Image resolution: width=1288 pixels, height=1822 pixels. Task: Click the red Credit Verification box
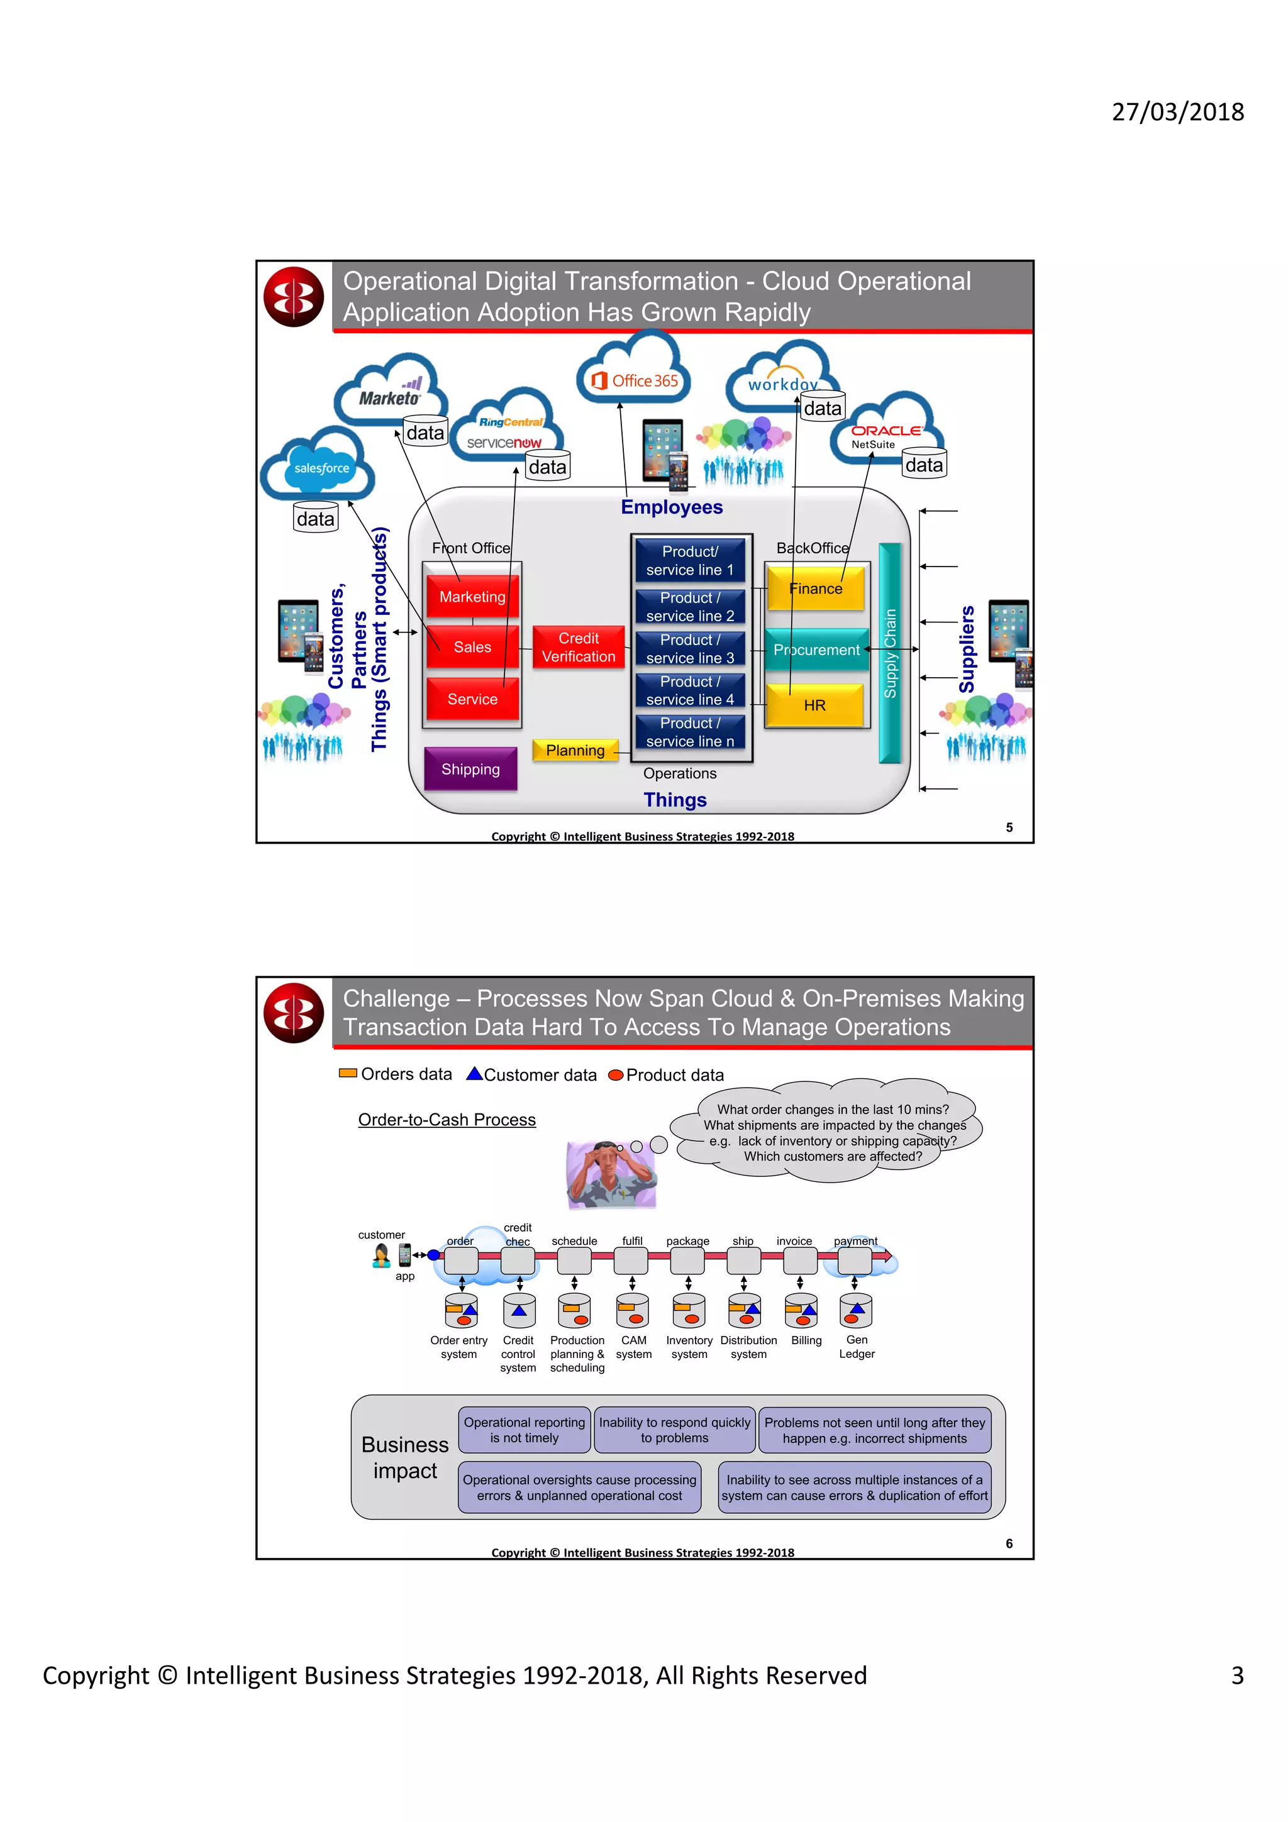click(578, 648)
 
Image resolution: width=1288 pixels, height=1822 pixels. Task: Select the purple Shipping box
click(470, 769)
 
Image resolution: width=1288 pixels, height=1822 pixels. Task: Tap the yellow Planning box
click(575, 750)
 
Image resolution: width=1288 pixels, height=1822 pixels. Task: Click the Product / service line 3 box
click(690, 648)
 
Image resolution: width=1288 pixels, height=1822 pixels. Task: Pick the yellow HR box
click(814, 705)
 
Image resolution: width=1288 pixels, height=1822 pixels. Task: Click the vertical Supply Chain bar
click(890, 653)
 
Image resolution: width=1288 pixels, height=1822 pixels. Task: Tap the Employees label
click(672, 507)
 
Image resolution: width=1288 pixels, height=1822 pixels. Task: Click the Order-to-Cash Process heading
click(447, 1119)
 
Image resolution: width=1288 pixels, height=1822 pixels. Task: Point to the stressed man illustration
click(611, 1174)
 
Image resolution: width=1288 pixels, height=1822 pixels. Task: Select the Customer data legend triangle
click(475, 1074)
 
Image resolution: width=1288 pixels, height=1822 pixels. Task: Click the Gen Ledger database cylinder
click(855, 1311)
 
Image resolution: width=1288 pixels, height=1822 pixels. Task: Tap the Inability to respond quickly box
click(675, 1430)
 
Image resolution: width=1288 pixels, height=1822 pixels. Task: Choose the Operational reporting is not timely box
click(524, 1430)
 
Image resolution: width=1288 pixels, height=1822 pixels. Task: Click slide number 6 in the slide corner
click(1009, 1543)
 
